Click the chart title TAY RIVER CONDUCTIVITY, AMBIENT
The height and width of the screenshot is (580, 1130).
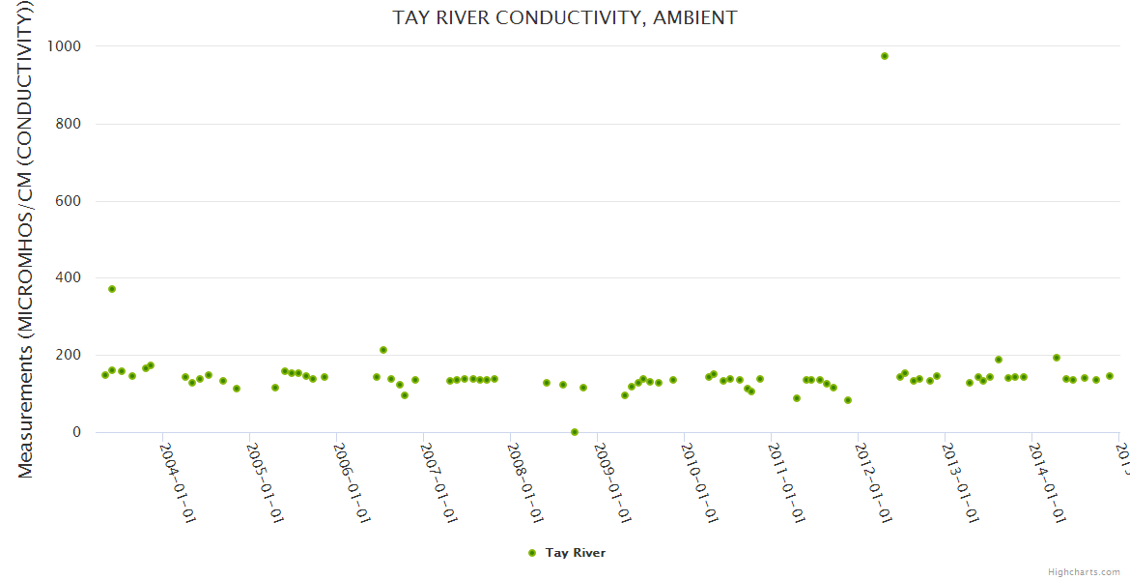tap(564, 17)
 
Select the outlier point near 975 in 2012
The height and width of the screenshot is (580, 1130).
tap(884, 56)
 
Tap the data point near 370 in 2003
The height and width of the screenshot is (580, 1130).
tap(112, 289)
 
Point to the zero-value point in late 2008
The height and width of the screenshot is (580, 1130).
tap(575, 432)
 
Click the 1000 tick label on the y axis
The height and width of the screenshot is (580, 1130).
tap(61, 46)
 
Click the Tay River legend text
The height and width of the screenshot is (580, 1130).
tap(576, 553)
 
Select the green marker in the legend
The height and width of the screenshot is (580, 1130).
tap(531, 553)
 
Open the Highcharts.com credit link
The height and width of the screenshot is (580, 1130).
tap(1084, 572)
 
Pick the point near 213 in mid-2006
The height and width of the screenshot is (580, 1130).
tap(383, 350)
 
